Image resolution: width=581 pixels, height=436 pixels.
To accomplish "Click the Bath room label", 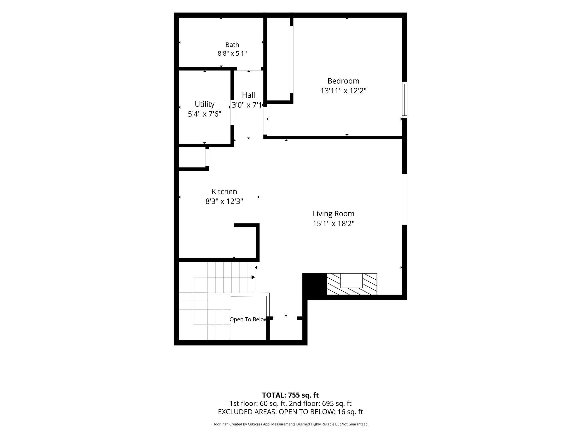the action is tap(232, 45).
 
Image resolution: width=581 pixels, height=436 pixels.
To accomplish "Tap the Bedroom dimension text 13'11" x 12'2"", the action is tap(343, 91).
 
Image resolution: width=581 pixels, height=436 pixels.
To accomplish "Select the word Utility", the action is tap(204, 104).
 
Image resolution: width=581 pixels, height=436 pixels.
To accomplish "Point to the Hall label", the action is tap(249, 95).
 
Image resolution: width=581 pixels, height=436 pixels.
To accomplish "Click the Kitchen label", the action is tap(224, 191).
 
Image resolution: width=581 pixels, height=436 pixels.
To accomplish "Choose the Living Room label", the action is tap(333, 213).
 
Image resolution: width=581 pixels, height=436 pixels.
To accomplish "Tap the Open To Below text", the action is tap(248, 319).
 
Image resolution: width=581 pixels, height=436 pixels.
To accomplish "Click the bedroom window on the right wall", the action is tap(405, 100).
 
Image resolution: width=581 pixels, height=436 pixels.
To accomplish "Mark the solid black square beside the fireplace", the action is tap(315, 286).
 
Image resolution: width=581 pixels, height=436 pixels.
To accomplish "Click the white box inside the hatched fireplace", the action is tap(351, 281).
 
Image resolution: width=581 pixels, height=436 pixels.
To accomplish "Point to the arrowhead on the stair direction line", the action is tap(253, 277).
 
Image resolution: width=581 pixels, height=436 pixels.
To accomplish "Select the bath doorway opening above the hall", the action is tap(249, 69).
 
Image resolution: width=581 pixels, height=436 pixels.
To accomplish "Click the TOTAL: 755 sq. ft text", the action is tap(290, 395).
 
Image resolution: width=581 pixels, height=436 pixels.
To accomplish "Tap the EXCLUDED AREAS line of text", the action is tap(290, 412).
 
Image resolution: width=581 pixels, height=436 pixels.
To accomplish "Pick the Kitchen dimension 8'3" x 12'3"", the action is tap(224, 201).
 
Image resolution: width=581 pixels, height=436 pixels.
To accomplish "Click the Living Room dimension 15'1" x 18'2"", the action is tap(333, 224).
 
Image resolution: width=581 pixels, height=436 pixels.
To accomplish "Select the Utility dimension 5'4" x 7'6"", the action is tap(204, 114).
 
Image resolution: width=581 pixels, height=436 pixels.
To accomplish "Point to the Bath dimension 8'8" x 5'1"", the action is tap(232, 53).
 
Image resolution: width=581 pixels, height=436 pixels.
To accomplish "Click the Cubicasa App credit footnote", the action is tap(290, 424).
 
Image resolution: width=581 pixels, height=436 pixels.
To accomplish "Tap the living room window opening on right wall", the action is tap(405, 199).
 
